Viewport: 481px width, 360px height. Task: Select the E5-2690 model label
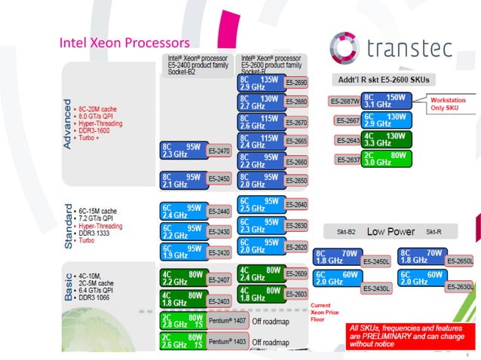(297, 83)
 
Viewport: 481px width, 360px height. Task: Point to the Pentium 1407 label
(228, 322)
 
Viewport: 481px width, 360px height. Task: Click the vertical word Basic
(69, 287)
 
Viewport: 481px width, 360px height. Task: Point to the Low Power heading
(391, 232)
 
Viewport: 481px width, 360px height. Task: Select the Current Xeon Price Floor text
(326, 310)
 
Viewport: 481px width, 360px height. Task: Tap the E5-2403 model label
(219, 301)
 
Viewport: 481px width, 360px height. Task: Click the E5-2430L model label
(376, 288)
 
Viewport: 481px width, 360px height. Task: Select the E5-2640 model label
(297, 205)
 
